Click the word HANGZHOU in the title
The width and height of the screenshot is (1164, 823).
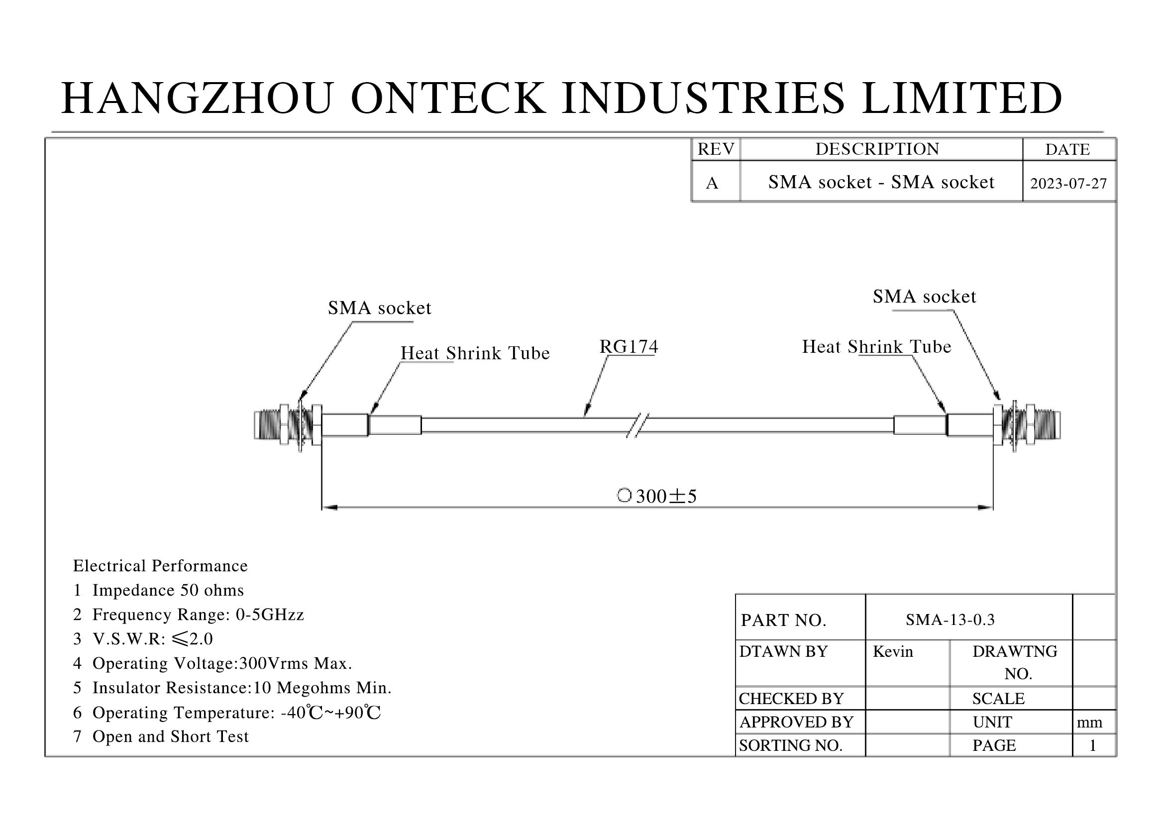[x=198, y=98]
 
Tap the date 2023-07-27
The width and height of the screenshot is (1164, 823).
[x=1068, y=184]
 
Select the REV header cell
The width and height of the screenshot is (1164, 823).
[x=716, y=149]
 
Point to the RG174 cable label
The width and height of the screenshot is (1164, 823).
[x=629, y=347]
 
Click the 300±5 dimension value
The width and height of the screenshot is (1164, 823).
[x=666, y=496]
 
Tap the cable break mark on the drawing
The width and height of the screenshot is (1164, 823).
[x=638, y=425]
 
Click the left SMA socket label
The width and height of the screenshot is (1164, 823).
[x=379, y=308]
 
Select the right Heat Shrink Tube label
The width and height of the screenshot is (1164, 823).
[x=876, y=347]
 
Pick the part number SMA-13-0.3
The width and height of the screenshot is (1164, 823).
[x=950, y=619]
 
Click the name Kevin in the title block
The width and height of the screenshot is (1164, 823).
[x=893, y=651]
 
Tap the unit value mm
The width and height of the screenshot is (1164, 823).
[x=1089, y=722]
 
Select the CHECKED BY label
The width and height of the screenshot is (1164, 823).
[x=791, y=698]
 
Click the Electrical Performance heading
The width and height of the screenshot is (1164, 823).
[x=160, y=566]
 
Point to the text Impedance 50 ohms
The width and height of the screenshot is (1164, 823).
[x=168, y=590]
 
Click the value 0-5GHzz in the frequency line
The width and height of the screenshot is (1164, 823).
[x=270, y=614]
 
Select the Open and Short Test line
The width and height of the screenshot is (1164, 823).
[x=161, y=736]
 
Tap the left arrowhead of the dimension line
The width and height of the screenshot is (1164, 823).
[x=329, y=507]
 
